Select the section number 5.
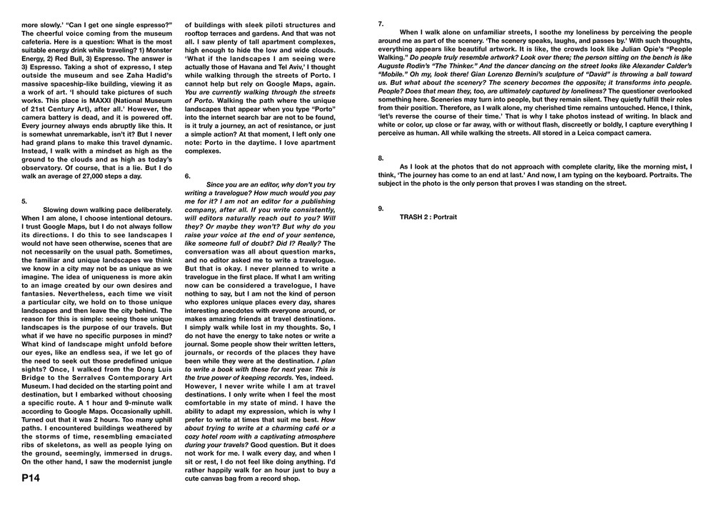pyautogui.click(x=24, y=201)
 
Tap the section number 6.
pyautogui.click(x=187, y=175)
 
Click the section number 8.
pyautogui.click(x=381, y=157)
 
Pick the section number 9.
pyautogui.click(x=381, y=208)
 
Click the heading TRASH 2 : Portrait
pyautogui.click(x=428, y=216)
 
